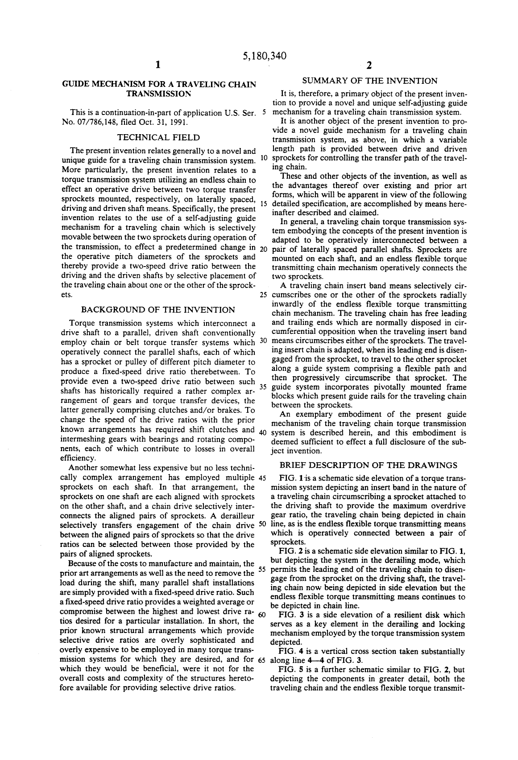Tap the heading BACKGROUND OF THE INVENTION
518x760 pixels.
click(x=158, y=310)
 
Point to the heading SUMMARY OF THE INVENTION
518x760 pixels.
click(x=369, y=81)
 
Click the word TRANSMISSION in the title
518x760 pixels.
click(x=158, y=94)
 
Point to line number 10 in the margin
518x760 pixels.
click(x=263, y=159)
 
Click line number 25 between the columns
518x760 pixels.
click(x=263, y=295)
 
